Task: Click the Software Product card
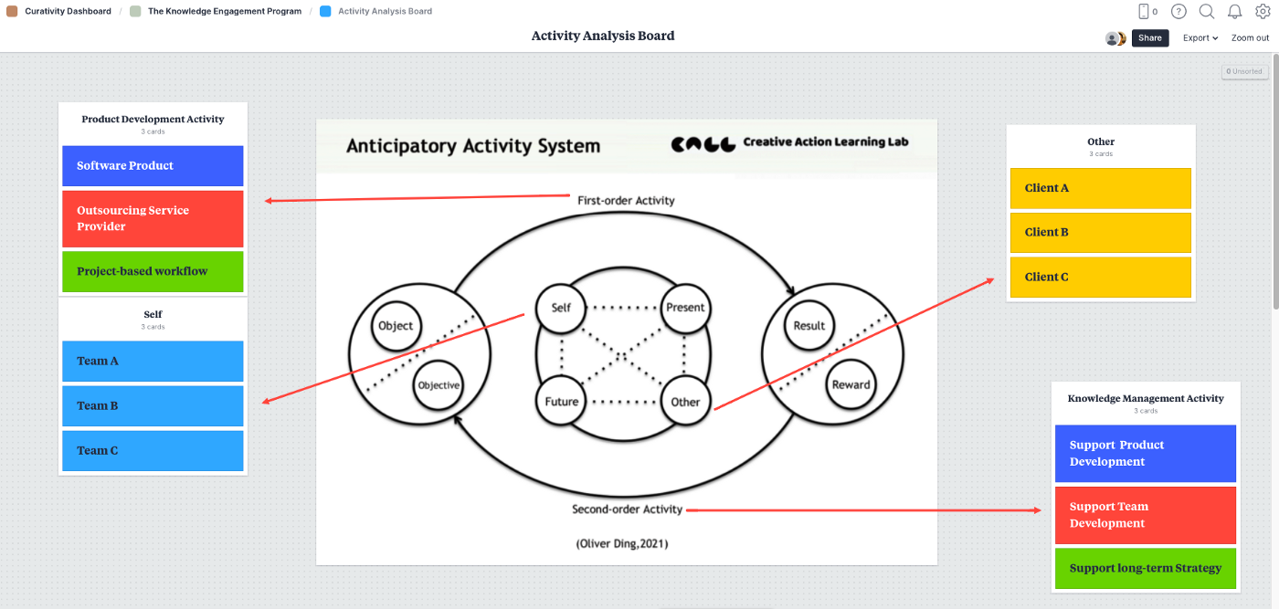(153, 166)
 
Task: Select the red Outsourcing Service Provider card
(153, 218)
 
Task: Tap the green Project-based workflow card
(153, 271)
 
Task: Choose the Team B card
(153, 405)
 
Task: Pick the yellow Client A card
(1100, 188)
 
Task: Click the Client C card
(1100, 277)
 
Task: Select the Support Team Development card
(1145, 515)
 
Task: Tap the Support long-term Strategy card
(1145, 568)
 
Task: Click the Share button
(1150, 38)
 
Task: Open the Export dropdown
(1200, 38)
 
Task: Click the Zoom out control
(1250, 38)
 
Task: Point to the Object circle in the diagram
(396, 326)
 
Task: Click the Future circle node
(562, 402)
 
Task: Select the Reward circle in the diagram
(851, 384)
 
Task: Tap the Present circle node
(685, 308)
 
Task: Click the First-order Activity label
(626, 200)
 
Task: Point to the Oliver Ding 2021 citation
(622, 543)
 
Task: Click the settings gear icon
(1263, 12)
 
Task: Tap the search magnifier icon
(1207, 12)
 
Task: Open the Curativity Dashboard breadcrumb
(68, 12)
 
